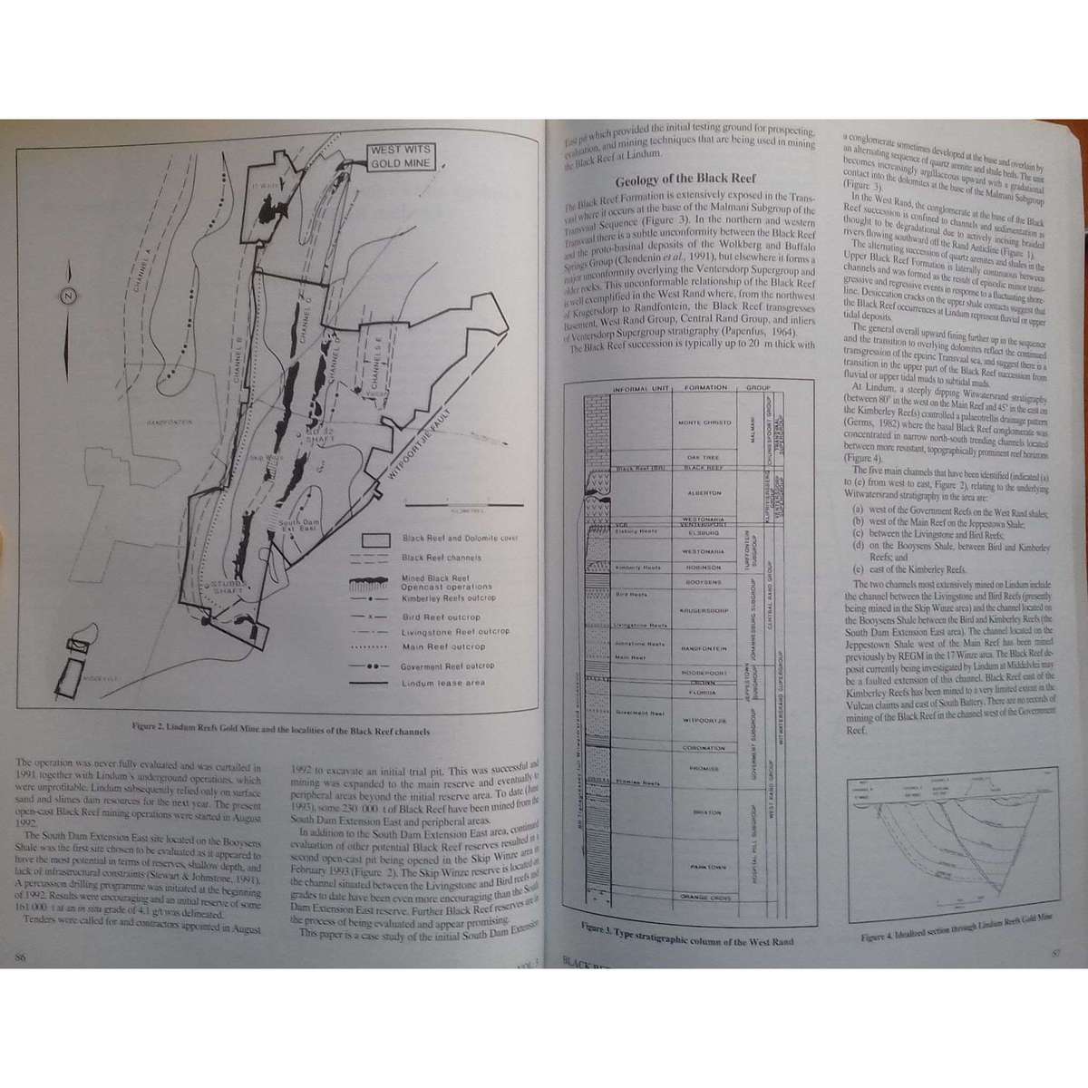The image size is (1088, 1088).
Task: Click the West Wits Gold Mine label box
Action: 401,158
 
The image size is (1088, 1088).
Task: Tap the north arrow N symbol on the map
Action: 67,295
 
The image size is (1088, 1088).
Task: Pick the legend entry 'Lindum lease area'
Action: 442,683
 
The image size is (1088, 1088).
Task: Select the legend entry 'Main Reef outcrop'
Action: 442,646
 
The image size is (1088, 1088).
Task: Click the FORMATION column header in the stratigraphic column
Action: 705,387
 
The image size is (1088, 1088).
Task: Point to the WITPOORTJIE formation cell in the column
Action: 705,719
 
